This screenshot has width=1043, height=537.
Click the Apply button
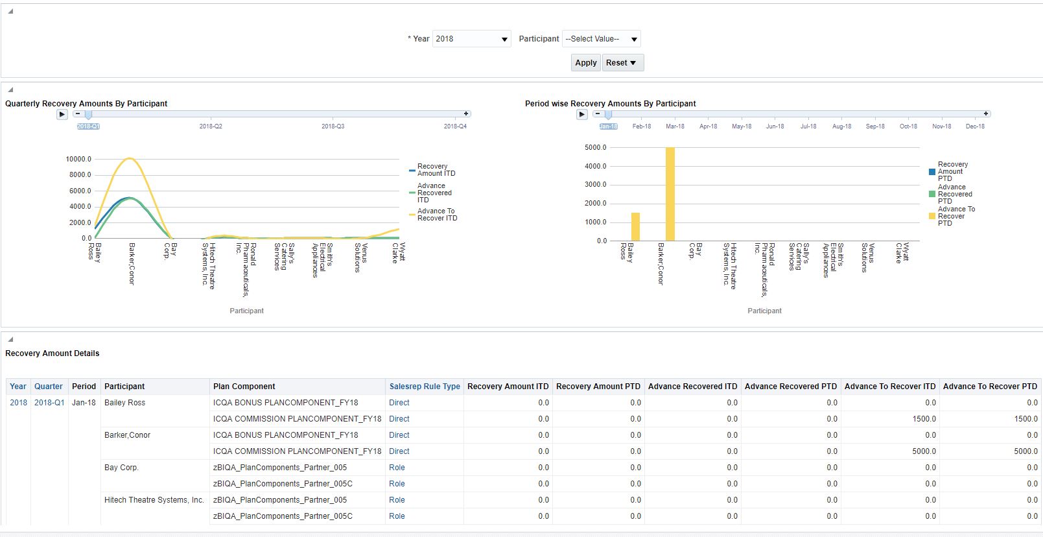tap(585, 63)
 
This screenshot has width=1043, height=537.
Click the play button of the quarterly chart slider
tap(62, 115)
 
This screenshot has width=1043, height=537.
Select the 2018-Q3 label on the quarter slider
tap(333, 126)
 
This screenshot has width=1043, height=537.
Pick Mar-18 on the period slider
tap(675, 126)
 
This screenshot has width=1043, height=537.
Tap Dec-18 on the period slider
tap(975, 126)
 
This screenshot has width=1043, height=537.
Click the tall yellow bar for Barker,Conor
tap(670, 194)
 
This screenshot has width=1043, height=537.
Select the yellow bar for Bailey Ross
tap(635, 227)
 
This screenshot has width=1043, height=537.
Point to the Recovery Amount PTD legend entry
tap(952, 172)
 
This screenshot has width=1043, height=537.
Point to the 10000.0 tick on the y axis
tap(78, 159)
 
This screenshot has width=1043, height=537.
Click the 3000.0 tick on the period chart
tap(595, 185)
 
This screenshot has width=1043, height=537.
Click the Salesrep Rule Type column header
tap(425, 387)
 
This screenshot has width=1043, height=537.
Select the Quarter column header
tap(49, 387)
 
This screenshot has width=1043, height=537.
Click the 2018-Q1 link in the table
tap(49, 403)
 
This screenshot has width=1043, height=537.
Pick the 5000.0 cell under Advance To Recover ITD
tap(924, 451)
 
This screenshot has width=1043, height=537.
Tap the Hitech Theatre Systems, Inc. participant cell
tap(154, 500)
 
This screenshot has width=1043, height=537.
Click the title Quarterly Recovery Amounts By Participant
tap(86, 104)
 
